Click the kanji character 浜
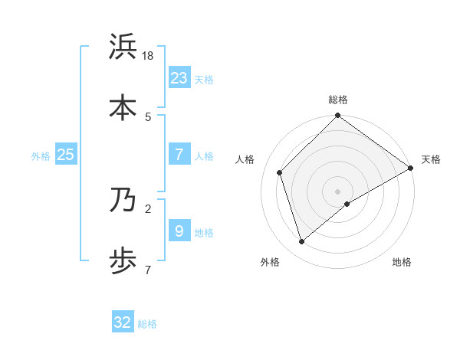[123, 47]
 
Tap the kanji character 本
[123, 106]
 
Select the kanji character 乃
[123, 201]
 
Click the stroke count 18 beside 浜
[149, 57]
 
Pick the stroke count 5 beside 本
[148, 116]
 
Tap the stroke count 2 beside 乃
[148, 207]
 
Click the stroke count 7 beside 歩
[148, 270]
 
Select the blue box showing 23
[179, 77]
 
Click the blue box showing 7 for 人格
[179, 155]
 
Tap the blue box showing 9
[179, 231]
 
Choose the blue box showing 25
[66, 155]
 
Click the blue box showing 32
[123, 322]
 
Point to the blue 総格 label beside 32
[148, 324]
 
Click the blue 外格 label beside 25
[41, 156]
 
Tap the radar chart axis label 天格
[431, 159]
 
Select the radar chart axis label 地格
[402, 263]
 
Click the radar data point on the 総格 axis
[337, 116]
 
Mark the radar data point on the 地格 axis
[347, 204]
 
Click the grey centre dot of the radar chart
[337, 191]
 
